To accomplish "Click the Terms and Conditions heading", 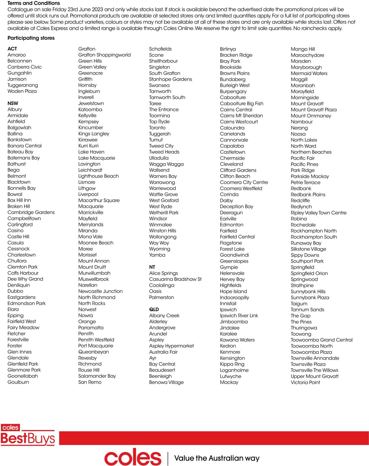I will coord(34,3).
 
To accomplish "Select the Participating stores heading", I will coord(31,38).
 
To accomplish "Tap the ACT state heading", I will coord(12,49).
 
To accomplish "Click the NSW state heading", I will coord(13,103).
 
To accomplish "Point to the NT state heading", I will coord(152,267).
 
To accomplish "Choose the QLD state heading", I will coord(154,309).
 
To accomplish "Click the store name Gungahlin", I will coord(19,73).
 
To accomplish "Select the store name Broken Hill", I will coord(19,206).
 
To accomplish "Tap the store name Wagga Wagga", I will coord(166,164).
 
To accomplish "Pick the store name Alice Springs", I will coord(163,273).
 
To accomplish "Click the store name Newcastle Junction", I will coord(100,291).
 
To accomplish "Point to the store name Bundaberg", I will coord(233,79).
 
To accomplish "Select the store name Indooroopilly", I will coord(234,297).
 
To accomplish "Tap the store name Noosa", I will coord(298,134).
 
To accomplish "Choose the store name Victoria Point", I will coord(305,382).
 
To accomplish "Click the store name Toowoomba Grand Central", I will coord(321,340).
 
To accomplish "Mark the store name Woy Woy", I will coord(159,243).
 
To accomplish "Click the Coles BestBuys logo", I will coord(28,435).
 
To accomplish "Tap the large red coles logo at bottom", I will coord(133,457).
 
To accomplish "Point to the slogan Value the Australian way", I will coord(217,458).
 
